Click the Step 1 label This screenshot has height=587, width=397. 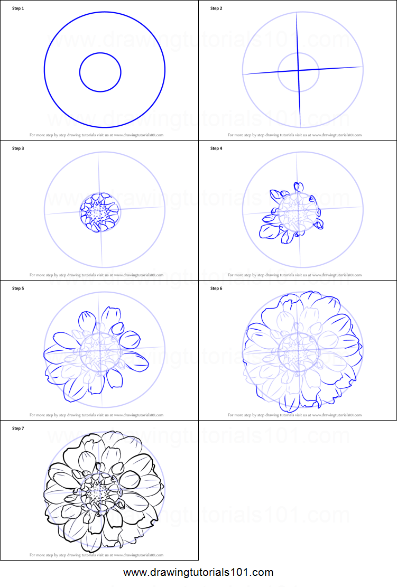(18, 8)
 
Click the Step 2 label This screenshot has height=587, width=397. (216, 8)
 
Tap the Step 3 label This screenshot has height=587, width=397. (18, 148)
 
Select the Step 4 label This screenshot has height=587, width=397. (216, 148)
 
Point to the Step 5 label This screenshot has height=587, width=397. (18, 288)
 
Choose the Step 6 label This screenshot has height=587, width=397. (216, 288)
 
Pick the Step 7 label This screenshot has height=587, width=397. (18, 428)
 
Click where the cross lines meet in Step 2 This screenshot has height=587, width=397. (299, 70)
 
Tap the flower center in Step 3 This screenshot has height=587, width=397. (100, 212)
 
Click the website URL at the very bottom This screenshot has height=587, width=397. (198, 572)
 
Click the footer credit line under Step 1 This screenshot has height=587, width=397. (96, 135)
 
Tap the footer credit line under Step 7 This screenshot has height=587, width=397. (96, 555)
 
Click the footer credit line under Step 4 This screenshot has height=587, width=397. (294, 275)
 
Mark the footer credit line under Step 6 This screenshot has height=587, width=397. (294, 415)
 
